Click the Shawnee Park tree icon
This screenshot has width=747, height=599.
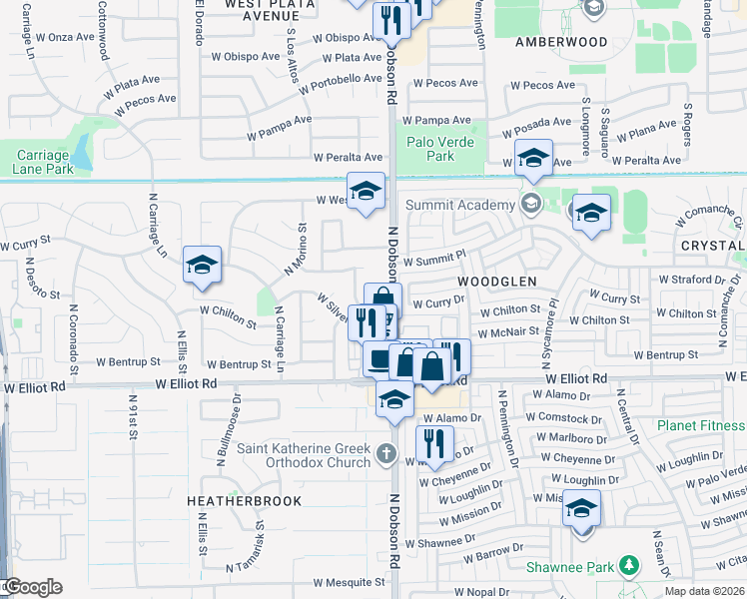[628, 566]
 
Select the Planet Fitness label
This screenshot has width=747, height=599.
[701, 425]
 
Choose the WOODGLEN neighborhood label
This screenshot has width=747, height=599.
[497, 283]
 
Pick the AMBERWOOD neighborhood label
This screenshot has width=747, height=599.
[561, 42]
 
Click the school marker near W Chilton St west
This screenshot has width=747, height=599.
[203, 266]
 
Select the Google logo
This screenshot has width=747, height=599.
[32, 587]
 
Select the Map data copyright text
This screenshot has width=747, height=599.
[704, 591]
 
